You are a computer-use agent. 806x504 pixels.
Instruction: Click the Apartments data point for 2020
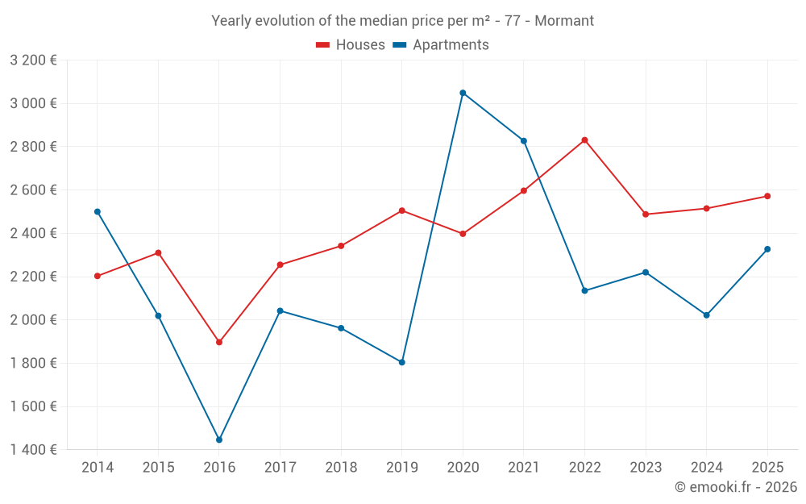pos(463,93)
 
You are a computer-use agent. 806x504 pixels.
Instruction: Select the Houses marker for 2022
pos(584,140)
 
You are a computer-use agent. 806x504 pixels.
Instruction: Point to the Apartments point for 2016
pos(219,439)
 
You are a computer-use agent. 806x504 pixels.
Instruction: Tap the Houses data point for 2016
pos(219,342)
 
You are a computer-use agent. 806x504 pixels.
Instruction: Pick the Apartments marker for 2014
pos(98,211)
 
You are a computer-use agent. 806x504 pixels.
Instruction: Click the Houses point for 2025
pos(767,196)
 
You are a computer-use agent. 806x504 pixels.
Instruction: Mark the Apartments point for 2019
pos(401,362)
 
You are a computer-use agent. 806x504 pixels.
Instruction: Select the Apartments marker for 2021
pos(524,141)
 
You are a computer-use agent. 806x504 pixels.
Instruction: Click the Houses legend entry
pos(351,45)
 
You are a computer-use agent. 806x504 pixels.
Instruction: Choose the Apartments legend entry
pos(441,45)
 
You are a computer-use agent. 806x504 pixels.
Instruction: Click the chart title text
pos(402,21)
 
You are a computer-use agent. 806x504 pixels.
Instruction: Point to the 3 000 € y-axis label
pos(33,103)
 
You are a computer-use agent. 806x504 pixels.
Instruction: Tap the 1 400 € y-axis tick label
pos(33,449)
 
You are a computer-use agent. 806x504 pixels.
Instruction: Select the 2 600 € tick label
pos(33,190)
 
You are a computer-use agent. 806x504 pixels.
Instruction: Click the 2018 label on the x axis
pos(341,467)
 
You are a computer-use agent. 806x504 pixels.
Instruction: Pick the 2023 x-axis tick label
pos(646,467)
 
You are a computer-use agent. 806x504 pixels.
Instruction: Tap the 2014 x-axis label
pos(98,467)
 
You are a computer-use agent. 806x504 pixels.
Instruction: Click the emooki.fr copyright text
pos(735,487)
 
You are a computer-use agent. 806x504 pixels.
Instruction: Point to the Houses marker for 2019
pos(401,210)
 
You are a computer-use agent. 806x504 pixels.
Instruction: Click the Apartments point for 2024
pos(707,314)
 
